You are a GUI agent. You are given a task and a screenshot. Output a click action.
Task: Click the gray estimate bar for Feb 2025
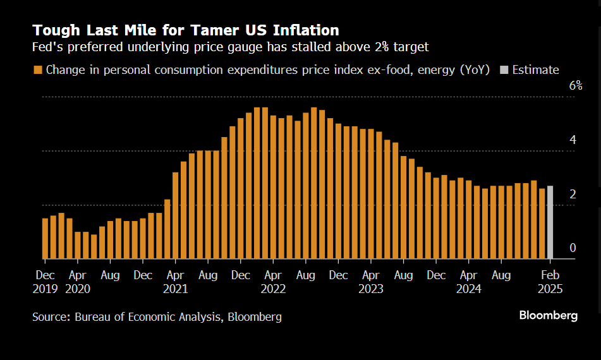pos(550,222)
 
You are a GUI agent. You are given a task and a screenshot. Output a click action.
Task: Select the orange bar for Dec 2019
pos(45,239)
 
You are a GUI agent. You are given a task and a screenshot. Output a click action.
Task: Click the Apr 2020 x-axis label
pos(77,282)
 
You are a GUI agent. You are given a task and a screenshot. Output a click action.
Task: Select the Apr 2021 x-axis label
pos(175,282)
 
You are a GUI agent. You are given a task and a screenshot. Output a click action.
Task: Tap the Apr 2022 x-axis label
pos(273,282)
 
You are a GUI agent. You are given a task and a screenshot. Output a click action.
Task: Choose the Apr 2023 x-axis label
pos(371,282)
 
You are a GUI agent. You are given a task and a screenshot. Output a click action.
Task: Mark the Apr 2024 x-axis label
pos(468,282)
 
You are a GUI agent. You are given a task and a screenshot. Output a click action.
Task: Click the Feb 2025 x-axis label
pos(550,282)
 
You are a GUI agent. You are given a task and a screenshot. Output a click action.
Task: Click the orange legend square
pos(38,70)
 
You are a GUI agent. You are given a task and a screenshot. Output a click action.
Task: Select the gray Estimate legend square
pos(504,70)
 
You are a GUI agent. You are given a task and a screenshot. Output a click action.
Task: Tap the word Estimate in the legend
pos(535,70)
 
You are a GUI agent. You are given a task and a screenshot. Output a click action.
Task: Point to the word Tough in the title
pos(56,30)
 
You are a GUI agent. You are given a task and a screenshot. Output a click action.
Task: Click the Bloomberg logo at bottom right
pos(548,316)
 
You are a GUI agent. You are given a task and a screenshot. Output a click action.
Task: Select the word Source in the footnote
pos(51,317)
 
